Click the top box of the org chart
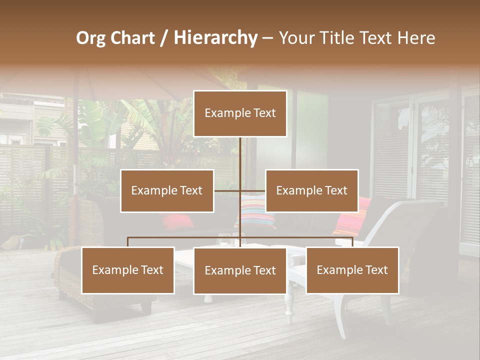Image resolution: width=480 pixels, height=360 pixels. [x=240, y=113]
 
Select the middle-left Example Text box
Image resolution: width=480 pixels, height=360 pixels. [x=167, y=190]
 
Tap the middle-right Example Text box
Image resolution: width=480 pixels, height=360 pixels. [x=311, y=190]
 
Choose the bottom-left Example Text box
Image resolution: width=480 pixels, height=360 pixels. [x=128, y=270]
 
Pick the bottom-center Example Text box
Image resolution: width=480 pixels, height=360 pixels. [x=240, y=270]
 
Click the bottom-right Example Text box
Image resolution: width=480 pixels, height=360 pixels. [x=352, y=270]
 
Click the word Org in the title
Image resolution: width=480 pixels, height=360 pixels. [x=90, y=38]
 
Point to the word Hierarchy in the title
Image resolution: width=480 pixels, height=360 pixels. [x=215, y=38]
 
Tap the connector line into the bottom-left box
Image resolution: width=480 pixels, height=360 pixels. [x=128, y=242]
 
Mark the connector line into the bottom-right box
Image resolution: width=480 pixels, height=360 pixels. [x=352, y=242]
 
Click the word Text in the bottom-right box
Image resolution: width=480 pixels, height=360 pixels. [x=375, y=270]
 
